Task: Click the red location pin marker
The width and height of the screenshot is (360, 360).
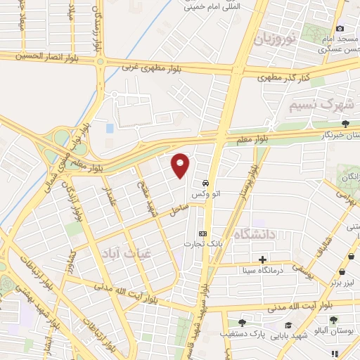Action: (x=181, y=165)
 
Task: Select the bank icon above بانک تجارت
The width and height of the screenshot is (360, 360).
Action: (x=203, y=233)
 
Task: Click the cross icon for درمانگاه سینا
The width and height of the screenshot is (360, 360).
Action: (x=263, y=259)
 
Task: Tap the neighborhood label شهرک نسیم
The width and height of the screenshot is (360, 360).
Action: (x=320, y=105)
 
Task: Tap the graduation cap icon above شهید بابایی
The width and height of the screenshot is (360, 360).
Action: (x=289, y=325)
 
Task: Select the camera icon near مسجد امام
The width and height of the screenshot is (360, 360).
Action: (x=340, y=28)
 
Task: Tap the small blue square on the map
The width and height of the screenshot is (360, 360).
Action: (x=110, y=129)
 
